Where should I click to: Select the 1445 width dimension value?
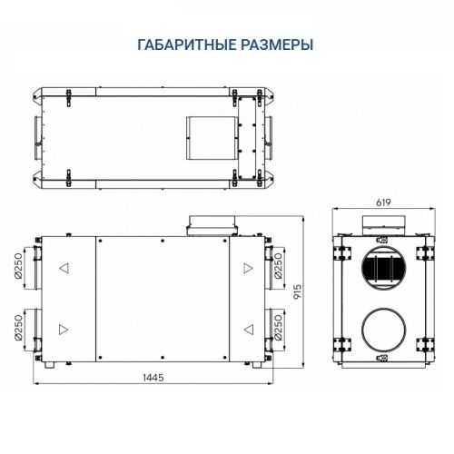pyautogui.click(x=152, y=379)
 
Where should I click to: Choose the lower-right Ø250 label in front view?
pyautogui.click(x=278, y=329)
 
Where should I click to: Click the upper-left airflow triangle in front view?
pyautogui.click(x=64, y=269)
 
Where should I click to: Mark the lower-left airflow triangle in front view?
pyautogui.click(x=64, y=328)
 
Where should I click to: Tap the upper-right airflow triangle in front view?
pyautogui.click(x=246, y=269)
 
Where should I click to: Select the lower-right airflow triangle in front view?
pyautogui.click(x=246, y=328)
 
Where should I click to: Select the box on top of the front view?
pyautogui.click(x=211, y=223)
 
